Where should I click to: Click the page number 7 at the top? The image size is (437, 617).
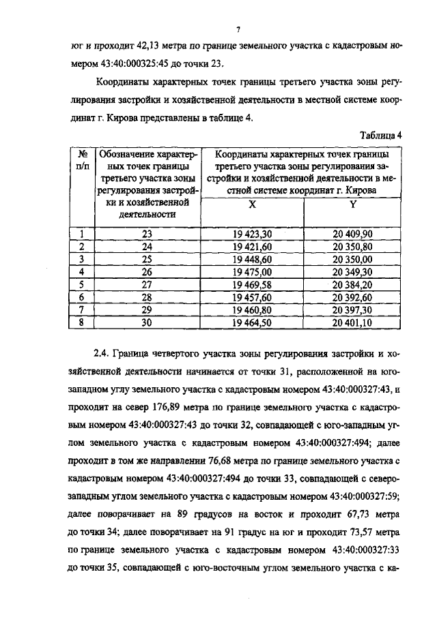(x=238, y=29)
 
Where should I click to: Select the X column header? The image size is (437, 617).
(x=252, y=204)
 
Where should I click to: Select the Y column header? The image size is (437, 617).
(x=353, y=204)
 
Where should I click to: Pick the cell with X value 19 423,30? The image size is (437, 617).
(x=252, y=233)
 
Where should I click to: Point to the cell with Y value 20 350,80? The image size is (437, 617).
(x=353, y=246)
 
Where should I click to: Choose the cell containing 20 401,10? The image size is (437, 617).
(x=353, y=324)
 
